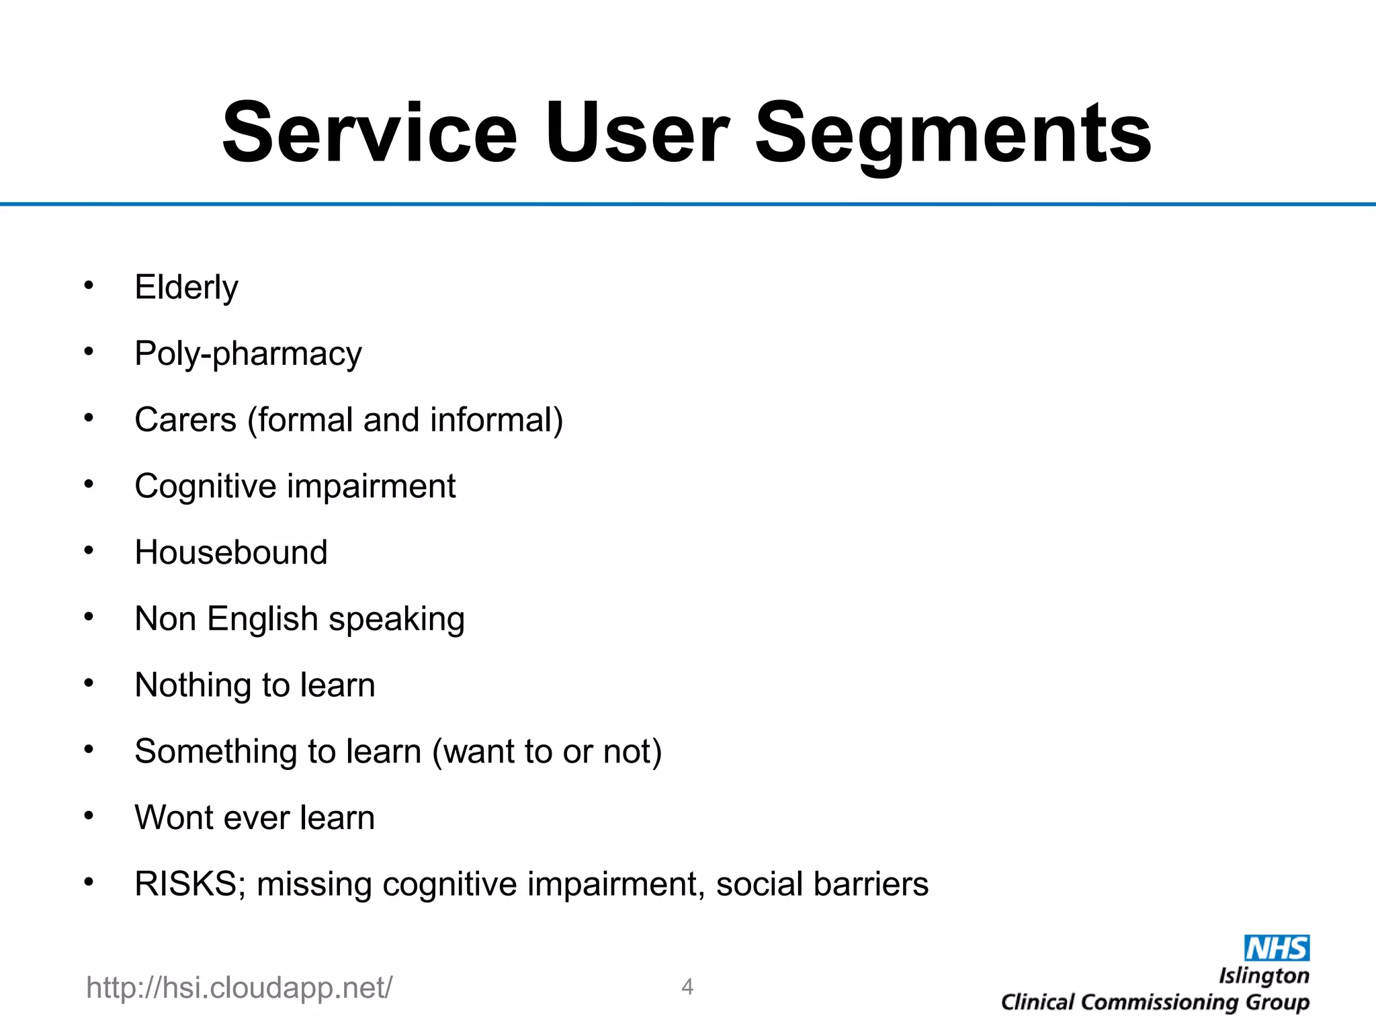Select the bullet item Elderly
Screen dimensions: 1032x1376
point(186,288)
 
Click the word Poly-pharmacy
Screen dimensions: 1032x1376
point(248,354)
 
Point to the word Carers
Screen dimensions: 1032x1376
point(185,420)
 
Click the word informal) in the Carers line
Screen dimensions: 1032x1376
point(496,420)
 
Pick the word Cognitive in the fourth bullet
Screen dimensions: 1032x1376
point(205,486)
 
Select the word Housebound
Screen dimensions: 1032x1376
point(230,552)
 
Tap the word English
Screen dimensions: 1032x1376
point(262,619)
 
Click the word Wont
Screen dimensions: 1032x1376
point(173,818)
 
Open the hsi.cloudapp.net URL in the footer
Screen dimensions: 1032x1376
point(239,988)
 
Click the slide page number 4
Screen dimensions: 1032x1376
point(687,986)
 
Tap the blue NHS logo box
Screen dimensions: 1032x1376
point(1276,948)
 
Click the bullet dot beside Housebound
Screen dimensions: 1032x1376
point(89,551)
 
